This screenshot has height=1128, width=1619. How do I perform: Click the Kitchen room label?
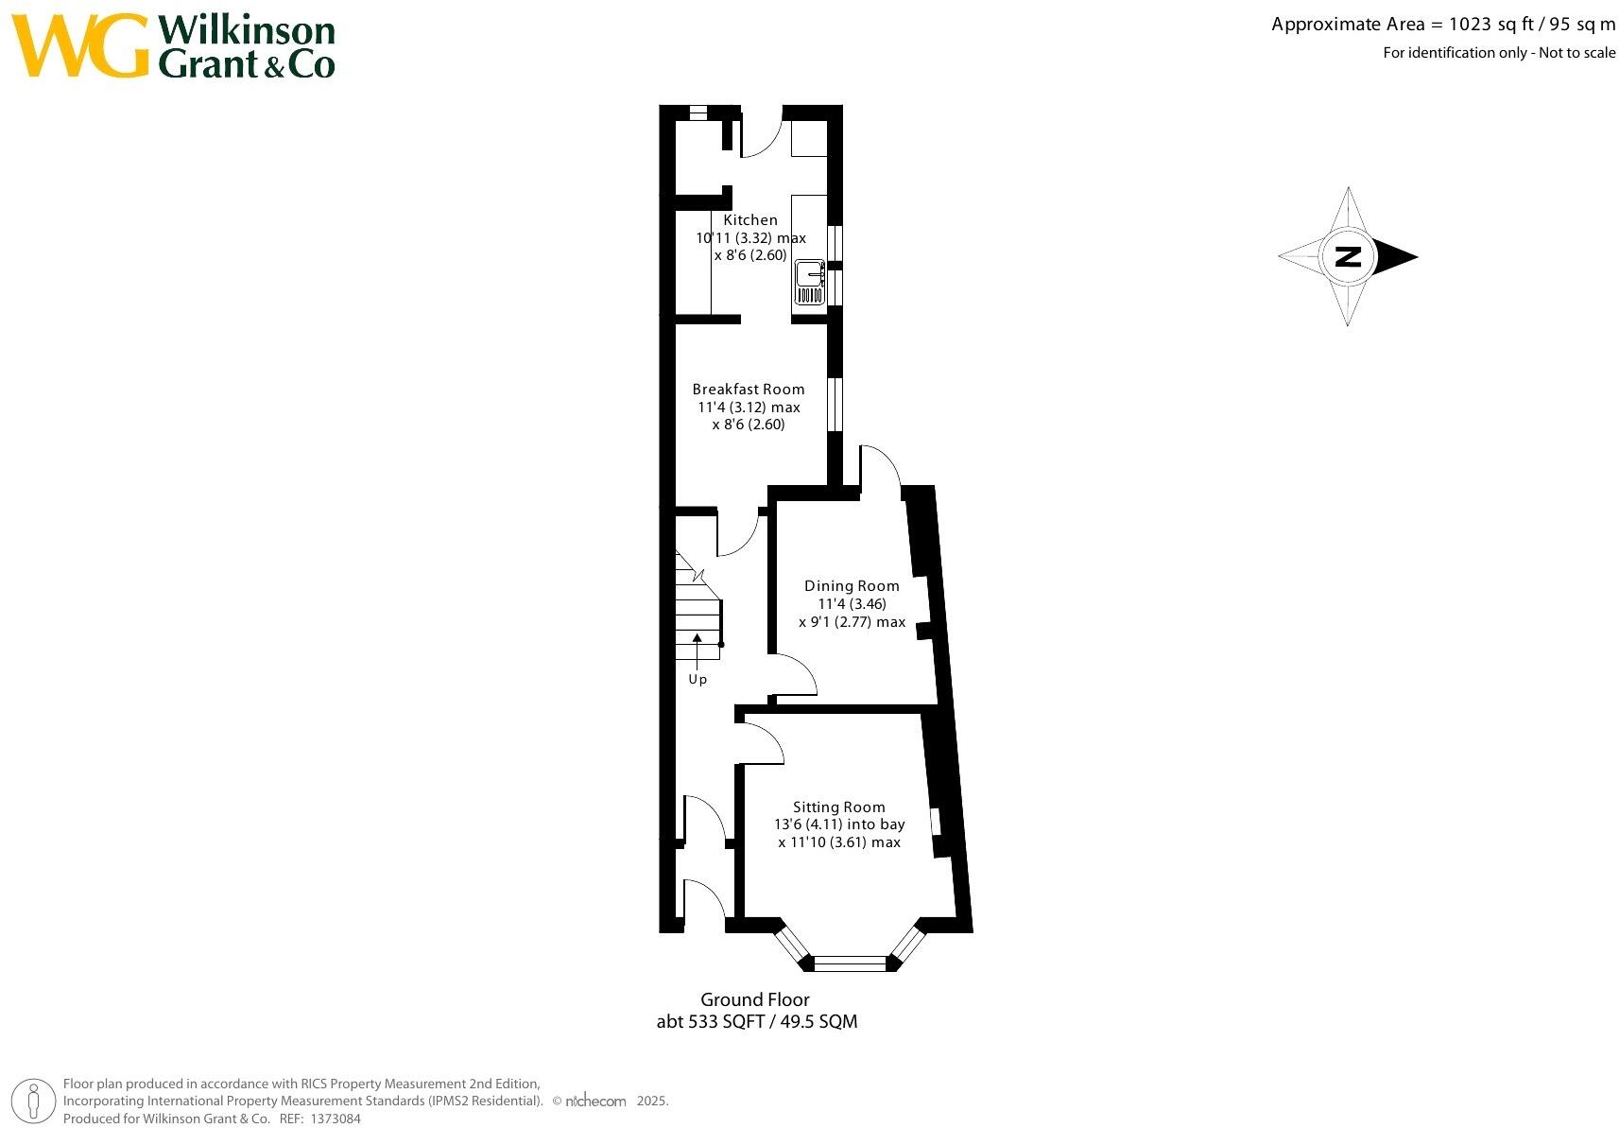(x=750, y=220)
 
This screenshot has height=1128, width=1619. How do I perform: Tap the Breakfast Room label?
(x=749, y=389)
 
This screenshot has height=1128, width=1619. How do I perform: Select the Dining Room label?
(x=852, y=585)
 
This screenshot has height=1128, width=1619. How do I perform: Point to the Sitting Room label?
(x=838, y=807)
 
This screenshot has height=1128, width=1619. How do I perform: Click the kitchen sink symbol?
(x=809, y=283)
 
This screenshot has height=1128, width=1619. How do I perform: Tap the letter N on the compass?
(x=1348, y=256)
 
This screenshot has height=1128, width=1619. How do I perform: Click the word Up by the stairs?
(x=698, y=679)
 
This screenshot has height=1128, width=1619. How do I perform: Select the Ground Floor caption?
(x=755, y=999)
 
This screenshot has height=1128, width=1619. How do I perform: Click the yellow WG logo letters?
(x=81, y=46)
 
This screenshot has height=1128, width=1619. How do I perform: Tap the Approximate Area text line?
(x=1443, y=26)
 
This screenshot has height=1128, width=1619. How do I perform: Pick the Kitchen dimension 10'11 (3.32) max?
(x=750, y=238)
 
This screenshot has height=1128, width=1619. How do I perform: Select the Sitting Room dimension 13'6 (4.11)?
(x=838, y=824)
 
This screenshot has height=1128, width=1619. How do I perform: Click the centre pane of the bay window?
(x=850, y=963)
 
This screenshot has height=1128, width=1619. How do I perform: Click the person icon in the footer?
(x=35, y=1102)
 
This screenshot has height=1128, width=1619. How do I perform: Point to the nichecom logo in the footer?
(x=595, y=1101)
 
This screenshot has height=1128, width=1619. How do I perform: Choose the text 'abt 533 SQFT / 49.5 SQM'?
(x=757, y=1021)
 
